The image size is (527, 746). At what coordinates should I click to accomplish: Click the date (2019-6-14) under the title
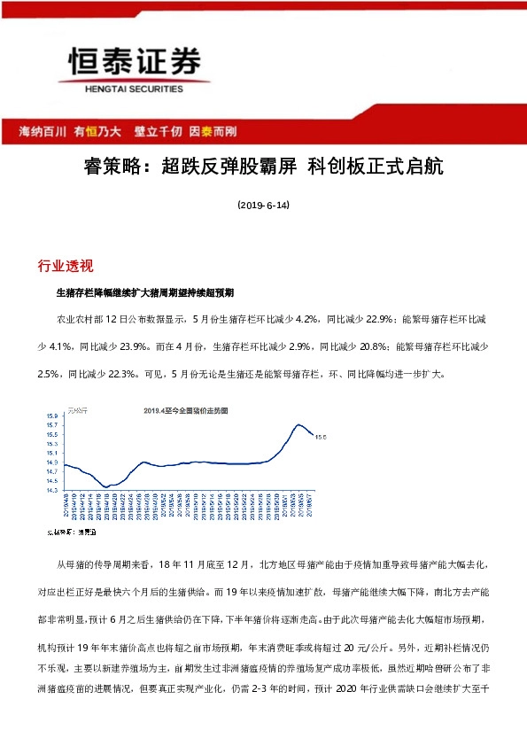263,205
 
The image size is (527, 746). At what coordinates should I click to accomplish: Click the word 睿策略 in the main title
116,166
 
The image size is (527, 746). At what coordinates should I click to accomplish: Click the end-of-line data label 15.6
321,436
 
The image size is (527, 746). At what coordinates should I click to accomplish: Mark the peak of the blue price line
299,425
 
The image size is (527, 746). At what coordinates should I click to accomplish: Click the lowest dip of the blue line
106,486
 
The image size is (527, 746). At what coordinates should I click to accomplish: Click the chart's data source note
74,532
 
